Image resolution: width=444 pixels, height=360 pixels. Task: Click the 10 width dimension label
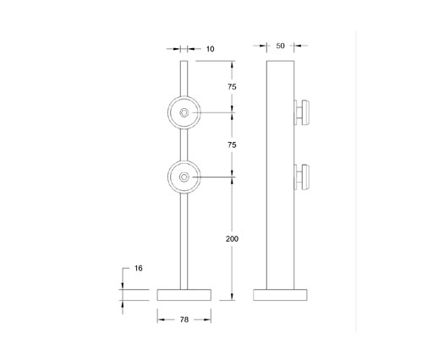[x=210, y=50]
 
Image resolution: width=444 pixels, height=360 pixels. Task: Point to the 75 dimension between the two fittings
[x=233, y=145]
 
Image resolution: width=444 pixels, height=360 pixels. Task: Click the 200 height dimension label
[x=233, y=239]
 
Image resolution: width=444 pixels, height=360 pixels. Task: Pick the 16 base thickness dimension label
[x=139, y=268]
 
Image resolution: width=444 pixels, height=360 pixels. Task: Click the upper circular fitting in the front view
[x=184, y=112]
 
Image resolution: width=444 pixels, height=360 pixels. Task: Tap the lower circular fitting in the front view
[x=184, y=177]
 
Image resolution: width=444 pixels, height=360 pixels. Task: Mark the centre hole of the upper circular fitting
[x=184, y=112]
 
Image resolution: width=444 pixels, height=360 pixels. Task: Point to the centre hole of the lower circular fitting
[x=184, y=177]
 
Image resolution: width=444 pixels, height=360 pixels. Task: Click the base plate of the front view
[x=184, y=294]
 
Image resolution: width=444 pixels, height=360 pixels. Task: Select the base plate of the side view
[x=282, y=294]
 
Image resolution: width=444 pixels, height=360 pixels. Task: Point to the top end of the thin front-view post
[x=184, y=63]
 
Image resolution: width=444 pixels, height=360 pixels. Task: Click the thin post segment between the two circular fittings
[x=184, y=145]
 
